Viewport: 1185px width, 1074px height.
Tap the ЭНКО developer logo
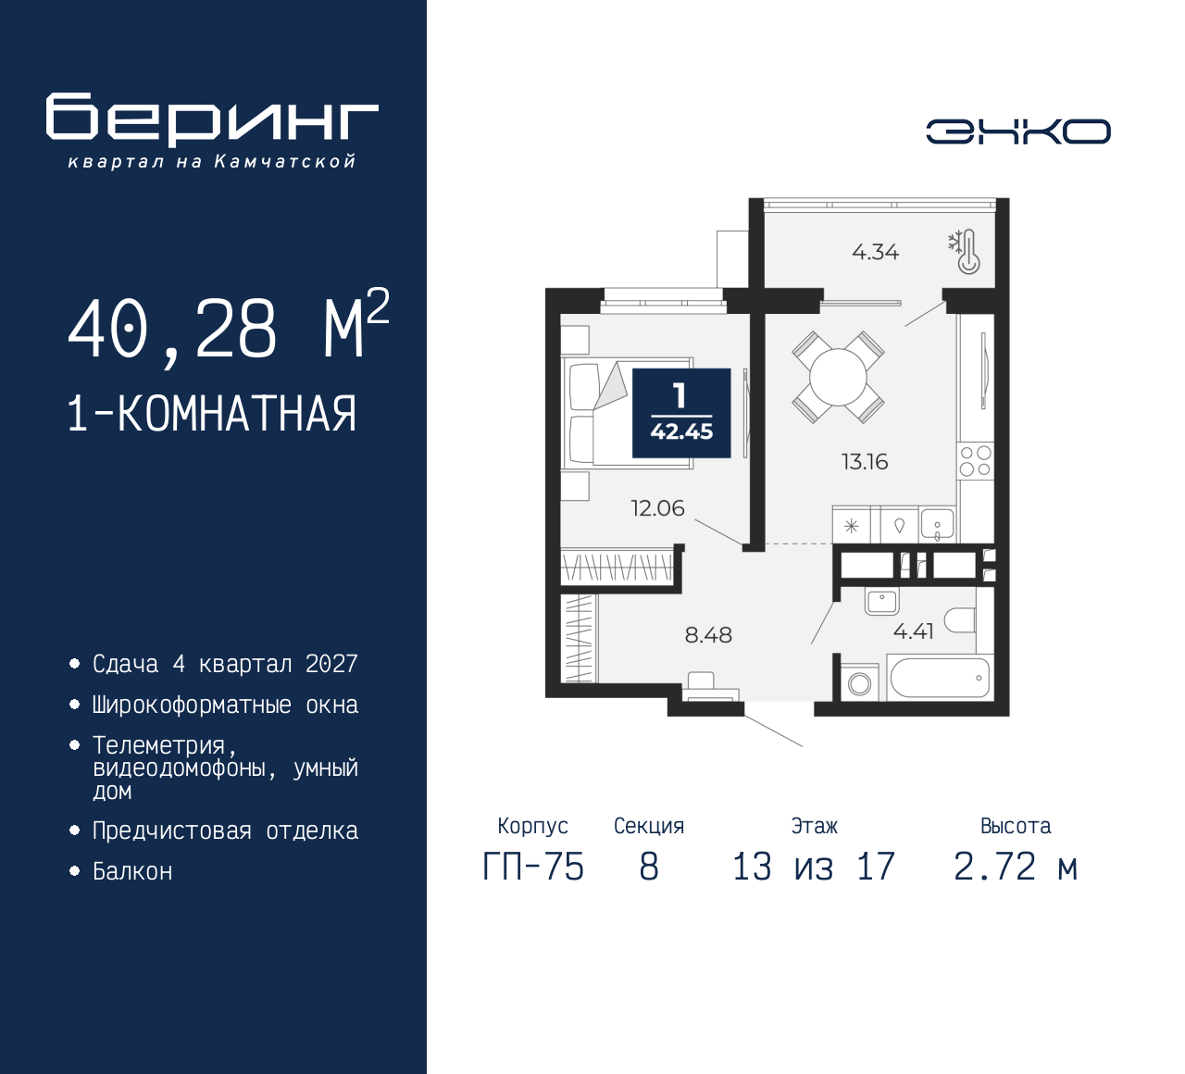point(1017,131)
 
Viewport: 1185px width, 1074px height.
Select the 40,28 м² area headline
point(228,328)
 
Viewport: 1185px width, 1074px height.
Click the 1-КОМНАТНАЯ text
point(212,414)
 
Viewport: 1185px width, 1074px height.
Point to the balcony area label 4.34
point(875,252)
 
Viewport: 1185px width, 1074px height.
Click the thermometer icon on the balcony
point(967,252)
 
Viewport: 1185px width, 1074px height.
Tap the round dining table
point(838,377)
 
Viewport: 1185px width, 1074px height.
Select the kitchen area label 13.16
point(865,462)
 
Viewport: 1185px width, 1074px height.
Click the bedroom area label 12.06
point(657,508)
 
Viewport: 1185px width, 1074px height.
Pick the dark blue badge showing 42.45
point(681,413)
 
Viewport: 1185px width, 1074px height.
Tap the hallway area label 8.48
point(708,635)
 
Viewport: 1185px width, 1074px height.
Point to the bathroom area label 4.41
point(913,631)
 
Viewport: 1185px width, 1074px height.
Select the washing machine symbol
point(860,683)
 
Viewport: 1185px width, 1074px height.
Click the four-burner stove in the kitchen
point(975,461)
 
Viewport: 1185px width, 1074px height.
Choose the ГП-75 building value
point(533,868)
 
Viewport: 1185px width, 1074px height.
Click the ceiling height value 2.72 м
point(1016,868)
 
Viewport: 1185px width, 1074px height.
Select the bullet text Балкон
point(132,871)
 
